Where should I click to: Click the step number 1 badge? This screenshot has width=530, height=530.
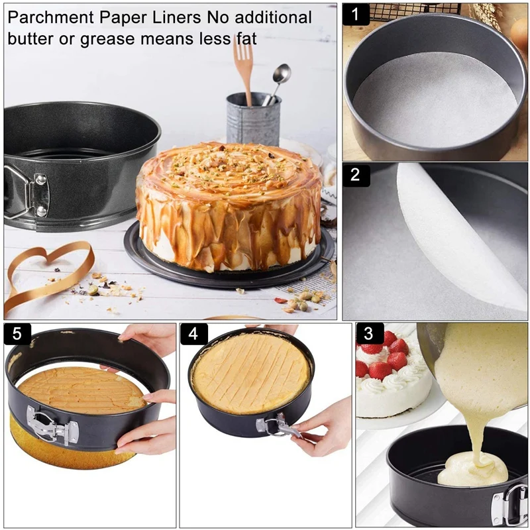(x=356, y=13)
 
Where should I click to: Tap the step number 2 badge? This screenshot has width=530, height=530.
(x=356, y=175)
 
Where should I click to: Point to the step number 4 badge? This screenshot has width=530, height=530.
(x=193, y=334)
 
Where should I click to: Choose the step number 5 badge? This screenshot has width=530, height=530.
(x=17, y=334)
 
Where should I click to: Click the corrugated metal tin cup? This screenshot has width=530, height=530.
(x=253, y=119)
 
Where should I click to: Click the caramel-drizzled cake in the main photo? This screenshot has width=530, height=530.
(x=229, y=205)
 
